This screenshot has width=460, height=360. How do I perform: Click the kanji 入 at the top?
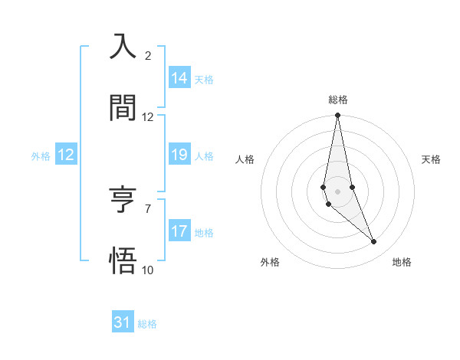click(123, 47)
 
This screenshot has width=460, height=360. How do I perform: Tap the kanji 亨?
click(123, 200)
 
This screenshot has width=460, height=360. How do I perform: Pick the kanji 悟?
click(123, 261)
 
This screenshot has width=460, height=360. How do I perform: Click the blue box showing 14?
click(179, 78)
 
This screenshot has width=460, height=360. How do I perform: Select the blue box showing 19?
click(179, 155)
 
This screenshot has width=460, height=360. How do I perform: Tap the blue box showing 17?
click(179, 231)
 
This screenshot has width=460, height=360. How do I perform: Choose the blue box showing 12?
click(66, 155)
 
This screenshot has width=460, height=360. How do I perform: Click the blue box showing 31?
click(123, 323)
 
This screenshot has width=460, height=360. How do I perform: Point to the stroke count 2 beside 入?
click(148, 56)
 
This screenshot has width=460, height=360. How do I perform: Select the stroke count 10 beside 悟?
click(148, 270)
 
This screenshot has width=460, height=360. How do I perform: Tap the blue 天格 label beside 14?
click(204, 79)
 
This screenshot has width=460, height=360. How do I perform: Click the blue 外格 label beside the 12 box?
click(41, 155)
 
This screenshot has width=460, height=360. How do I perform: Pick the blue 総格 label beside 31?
click(147, 324)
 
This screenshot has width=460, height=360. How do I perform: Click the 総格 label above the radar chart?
click(338, 100)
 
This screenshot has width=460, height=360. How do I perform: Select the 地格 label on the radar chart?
click(402, 262)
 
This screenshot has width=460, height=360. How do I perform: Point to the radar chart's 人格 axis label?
click(245, 159)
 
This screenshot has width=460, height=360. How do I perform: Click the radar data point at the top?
click(338, 116)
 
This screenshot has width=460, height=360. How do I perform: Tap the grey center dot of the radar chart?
click(338, 191)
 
